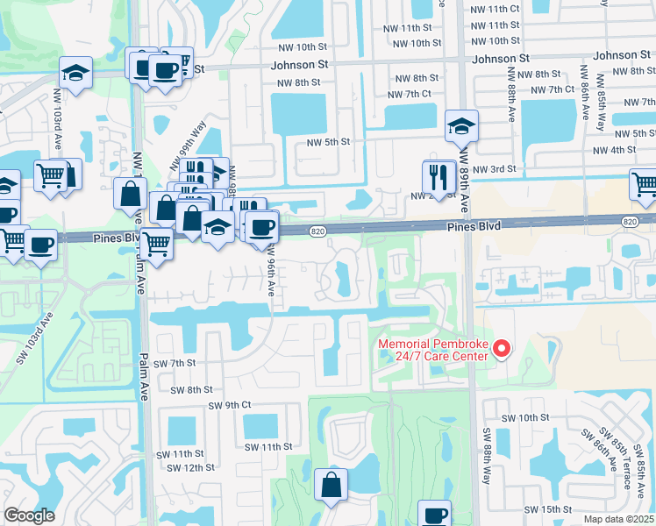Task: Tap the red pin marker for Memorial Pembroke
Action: pos(502,349)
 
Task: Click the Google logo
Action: pos(29,515)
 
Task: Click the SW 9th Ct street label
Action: pos(230,405)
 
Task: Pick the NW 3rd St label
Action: pos(493,169)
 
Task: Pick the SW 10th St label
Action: pos(525,418)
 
